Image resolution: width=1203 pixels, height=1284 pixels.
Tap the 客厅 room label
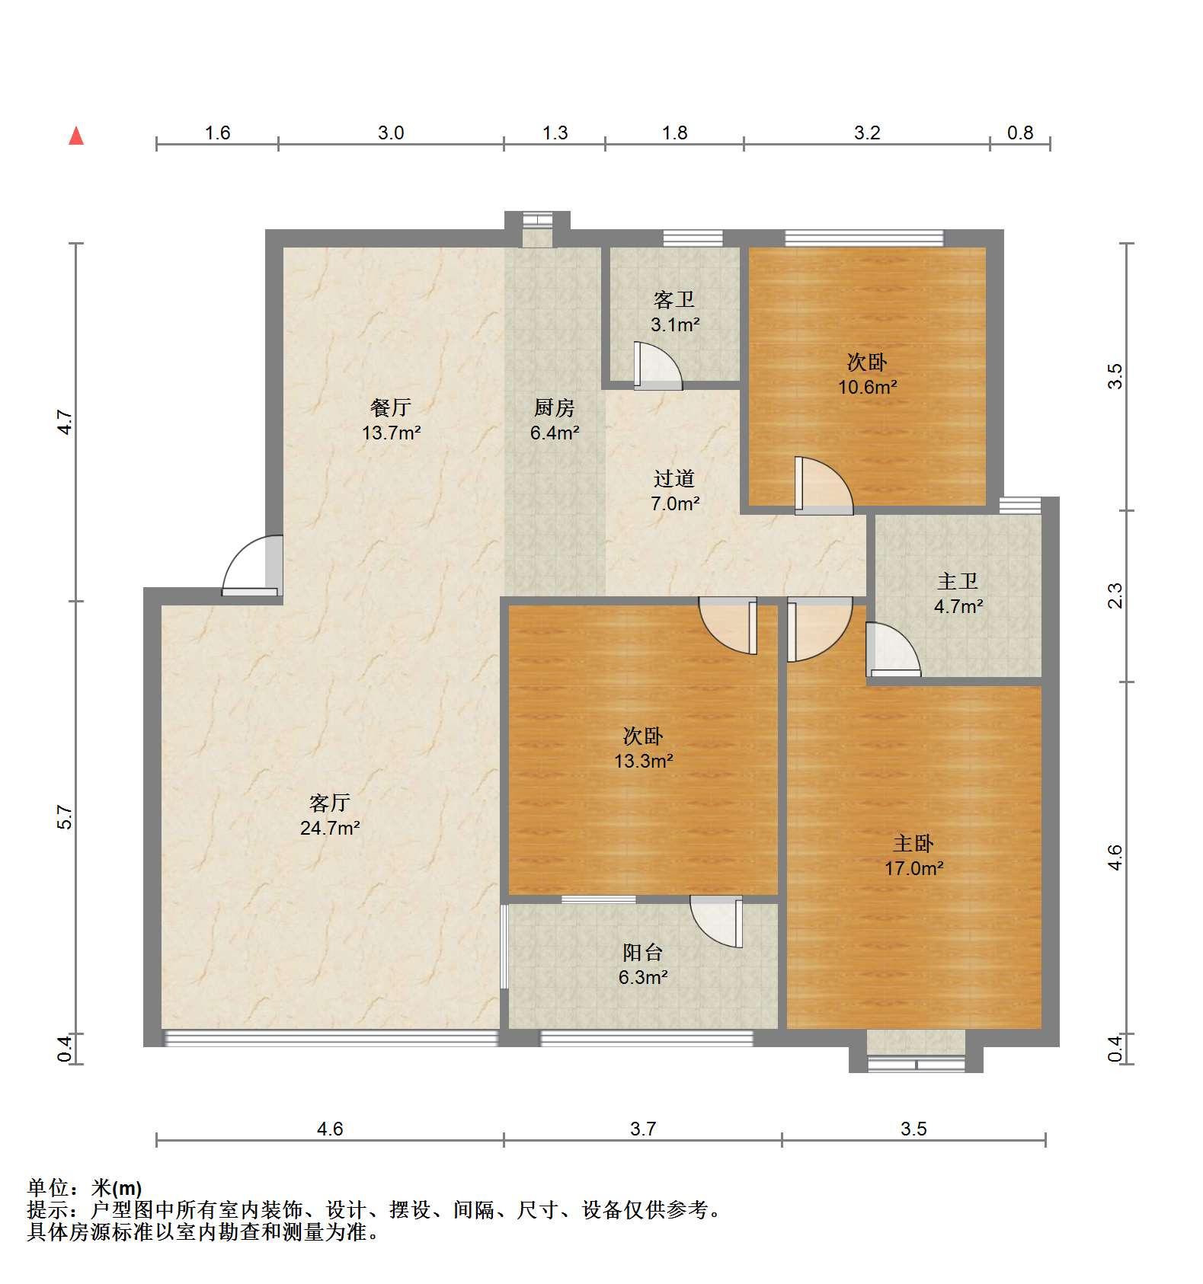(330, 802)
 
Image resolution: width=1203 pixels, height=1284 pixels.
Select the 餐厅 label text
(391, 407)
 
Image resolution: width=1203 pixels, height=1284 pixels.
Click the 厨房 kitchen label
(554, 408)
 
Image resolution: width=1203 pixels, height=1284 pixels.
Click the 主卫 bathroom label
(958, 582)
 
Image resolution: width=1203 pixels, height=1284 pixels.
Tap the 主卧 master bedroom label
(913, 843)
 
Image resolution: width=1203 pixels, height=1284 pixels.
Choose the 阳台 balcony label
(643, 952)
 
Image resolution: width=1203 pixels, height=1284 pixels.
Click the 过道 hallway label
(674, 478)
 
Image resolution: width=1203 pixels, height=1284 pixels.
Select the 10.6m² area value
(868, 387)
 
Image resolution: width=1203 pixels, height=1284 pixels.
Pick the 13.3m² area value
(644, 761)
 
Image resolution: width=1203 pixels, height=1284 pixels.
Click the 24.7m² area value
(330, 828)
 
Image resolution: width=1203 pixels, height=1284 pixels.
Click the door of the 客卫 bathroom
(658, 366)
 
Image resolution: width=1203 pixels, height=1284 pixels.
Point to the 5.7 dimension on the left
(66, 817)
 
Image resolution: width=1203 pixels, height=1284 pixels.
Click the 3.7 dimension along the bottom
(643, 1129)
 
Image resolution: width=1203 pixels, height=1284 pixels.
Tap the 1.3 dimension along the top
(555, 133)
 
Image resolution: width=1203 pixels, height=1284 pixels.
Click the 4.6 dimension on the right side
(1115, 858)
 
